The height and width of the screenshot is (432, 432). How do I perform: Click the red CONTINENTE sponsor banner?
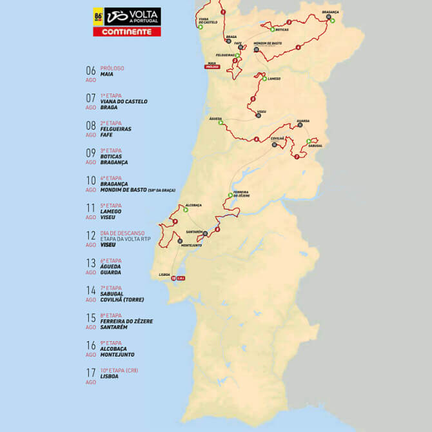point(127,31)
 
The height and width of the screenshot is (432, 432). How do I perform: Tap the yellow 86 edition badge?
point(99,16)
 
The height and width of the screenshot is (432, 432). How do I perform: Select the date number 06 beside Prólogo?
point(91,70)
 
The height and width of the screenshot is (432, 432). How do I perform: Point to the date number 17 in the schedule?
point(91,373)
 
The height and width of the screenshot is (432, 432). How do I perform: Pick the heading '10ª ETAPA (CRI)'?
point(119,370)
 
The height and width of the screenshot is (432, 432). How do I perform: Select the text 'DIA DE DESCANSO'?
point(123,233)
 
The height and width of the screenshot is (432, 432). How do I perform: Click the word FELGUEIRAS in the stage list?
point(116,129)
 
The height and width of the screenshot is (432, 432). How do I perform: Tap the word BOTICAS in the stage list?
point(111,156)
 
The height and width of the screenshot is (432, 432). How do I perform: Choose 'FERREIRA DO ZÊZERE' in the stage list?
point(127,321)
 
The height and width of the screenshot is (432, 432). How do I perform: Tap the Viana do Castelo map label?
point(203,21)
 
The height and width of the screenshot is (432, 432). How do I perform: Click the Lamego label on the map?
point(273,79)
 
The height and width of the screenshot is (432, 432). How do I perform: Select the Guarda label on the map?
point(303,121)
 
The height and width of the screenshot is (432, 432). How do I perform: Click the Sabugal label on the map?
point(315,146)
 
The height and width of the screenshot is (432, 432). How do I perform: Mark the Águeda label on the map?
point(215,119)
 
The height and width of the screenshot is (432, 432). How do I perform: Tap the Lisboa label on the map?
point(164,275)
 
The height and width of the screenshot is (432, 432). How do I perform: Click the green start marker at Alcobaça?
point(186,210)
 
